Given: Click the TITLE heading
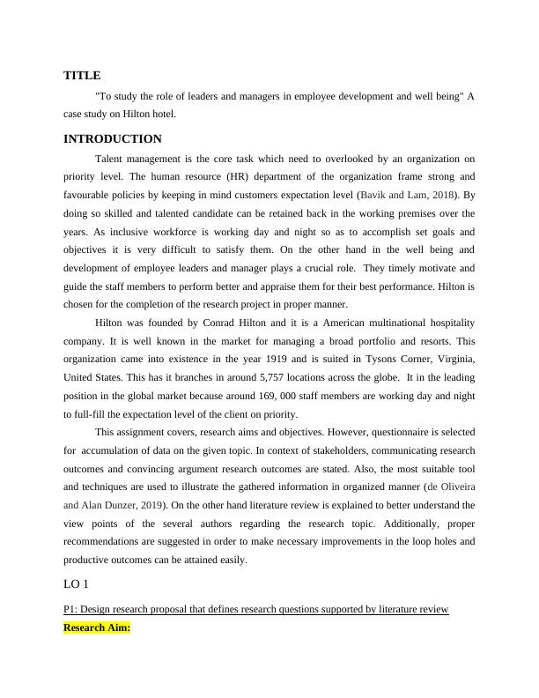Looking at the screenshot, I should (x=82, y=76).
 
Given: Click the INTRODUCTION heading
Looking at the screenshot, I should (x=113, y=139).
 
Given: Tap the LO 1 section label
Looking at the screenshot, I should (x=78, y=584).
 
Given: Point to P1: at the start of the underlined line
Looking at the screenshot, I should (x=72, y=610).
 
